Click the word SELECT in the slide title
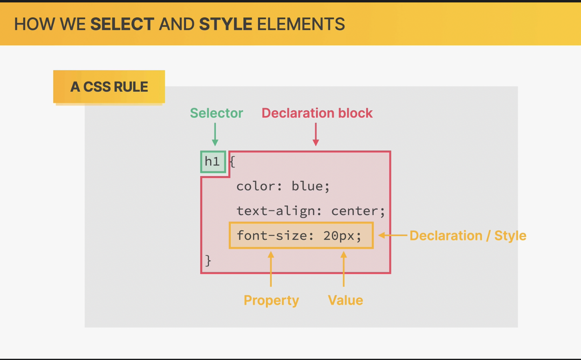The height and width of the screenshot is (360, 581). pos(122,24)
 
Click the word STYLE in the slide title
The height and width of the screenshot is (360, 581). pos(226,24)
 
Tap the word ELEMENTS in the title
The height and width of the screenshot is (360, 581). pos(301,24)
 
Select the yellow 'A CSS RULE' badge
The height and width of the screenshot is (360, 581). pos(109,87)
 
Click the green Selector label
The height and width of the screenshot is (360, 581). pos(217,113)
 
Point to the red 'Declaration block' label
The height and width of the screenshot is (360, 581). pos(317,113)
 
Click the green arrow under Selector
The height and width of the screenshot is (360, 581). pos(215,134)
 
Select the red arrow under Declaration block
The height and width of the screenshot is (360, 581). pos(316,134)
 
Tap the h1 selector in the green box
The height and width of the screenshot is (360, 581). pos(212,162)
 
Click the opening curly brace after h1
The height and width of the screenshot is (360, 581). pos(232,162)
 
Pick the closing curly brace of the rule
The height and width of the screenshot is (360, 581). pos(208,260)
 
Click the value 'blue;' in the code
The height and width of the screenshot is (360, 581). pos(311,186)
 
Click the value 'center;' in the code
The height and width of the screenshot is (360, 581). pos(358,211)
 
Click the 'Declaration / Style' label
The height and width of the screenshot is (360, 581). pos(468,236)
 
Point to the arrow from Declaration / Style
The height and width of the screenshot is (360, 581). pos(393,235)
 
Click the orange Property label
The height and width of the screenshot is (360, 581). pos(271,301)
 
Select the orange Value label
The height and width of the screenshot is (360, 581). pos(345,300)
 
